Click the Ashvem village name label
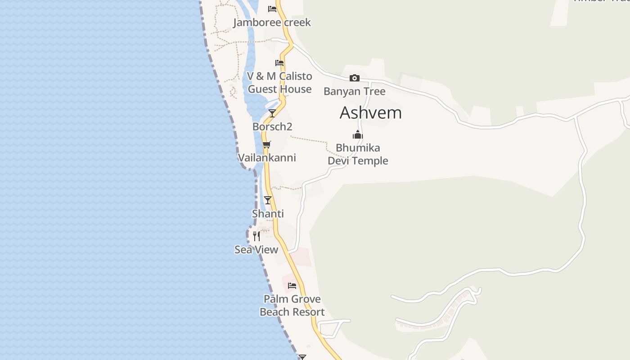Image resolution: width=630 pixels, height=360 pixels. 370,112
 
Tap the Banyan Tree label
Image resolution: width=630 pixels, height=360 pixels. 355,91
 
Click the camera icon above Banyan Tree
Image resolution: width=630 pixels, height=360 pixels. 355,78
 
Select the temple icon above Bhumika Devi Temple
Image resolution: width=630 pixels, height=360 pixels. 358,135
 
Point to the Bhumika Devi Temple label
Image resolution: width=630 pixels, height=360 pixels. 358,154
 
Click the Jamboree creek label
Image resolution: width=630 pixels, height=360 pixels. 272,22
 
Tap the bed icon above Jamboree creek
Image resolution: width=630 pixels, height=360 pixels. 272,9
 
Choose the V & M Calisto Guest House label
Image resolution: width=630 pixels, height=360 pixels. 279,83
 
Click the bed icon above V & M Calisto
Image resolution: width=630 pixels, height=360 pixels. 279,63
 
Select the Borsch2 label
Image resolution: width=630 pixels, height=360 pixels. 272,126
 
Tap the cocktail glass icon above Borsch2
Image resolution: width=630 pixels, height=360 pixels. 272,113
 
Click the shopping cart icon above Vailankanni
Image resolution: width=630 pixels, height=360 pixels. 267,144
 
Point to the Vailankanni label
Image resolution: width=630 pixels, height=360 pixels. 267,157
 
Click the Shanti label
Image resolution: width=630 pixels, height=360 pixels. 268,214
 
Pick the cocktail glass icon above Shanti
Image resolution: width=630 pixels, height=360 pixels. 268,200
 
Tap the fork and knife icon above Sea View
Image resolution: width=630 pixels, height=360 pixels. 256,236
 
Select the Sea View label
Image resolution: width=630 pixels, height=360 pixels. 256,249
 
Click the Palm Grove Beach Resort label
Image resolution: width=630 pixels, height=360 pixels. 292,306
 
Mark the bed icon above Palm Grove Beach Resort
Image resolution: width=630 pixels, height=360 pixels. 292,285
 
